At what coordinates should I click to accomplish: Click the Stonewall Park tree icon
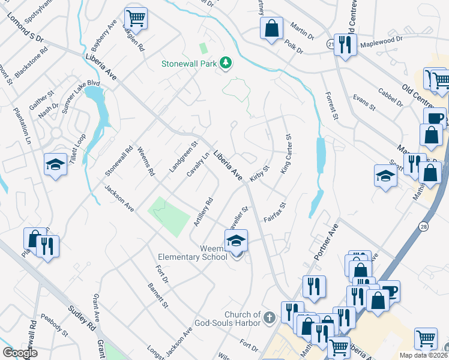click(226, 63)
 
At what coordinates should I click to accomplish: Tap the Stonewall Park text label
click(189, 64)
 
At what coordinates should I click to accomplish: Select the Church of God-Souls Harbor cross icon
click(270, 316)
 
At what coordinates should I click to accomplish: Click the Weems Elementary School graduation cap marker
click(236, 242)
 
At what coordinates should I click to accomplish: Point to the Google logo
click(20, 353)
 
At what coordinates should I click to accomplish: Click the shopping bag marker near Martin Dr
click(271, 27)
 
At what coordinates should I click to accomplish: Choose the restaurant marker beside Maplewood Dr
click(345, 44)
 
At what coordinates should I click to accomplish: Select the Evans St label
click(364, 103)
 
